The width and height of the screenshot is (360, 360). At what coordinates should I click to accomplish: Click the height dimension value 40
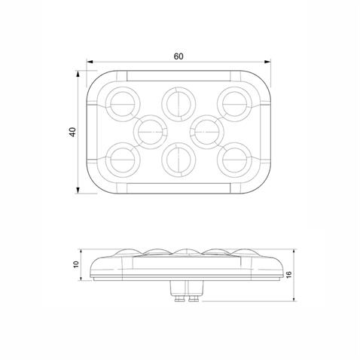click(72, 132)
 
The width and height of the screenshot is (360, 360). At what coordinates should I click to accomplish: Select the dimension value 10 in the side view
click(75, 264)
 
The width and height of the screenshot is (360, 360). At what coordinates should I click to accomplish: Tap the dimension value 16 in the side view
click(290, 276)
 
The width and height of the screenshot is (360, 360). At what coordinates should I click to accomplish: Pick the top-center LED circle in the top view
click(178, 101)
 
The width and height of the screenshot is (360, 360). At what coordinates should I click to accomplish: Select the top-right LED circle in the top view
click(234, 101)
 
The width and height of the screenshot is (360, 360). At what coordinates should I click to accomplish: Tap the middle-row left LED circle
click(150, 130)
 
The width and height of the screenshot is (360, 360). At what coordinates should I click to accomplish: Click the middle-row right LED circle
click(205, 130)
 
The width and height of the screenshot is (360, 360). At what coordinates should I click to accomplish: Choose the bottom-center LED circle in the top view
click(178, 159)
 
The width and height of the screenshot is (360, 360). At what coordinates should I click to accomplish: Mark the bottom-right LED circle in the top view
click(234, 159)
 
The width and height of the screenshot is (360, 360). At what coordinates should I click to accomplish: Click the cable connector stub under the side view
click(186, 291)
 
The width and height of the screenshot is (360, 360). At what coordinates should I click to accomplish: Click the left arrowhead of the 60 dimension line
click(89, 63)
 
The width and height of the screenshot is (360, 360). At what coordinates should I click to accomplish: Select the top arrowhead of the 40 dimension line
click(81, 73)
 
